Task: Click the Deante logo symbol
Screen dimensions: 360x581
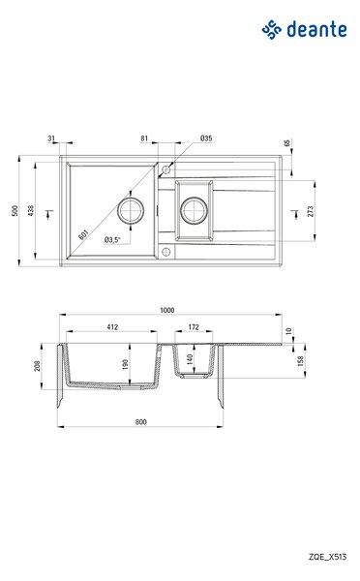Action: click(x=272, y=30)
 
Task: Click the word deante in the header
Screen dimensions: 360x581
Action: click(x=317, y=29)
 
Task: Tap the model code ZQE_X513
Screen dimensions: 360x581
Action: click(x=328, y=557)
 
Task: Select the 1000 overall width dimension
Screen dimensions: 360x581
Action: click(x=167, y=310)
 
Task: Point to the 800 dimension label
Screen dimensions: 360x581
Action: click(x=141, y=421)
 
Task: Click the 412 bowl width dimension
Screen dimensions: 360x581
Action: click(x=112, y=327)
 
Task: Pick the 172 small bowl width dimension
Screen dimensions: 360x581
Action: click(x=194, y=327)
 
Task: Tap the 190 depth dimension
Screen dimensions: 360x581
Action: click(x=125, y=364)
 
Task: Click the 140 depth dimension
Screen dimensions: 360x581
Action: click(x=190, y=358)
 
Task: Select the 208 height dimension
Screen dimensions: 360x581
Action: click(x=37, y=366)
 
